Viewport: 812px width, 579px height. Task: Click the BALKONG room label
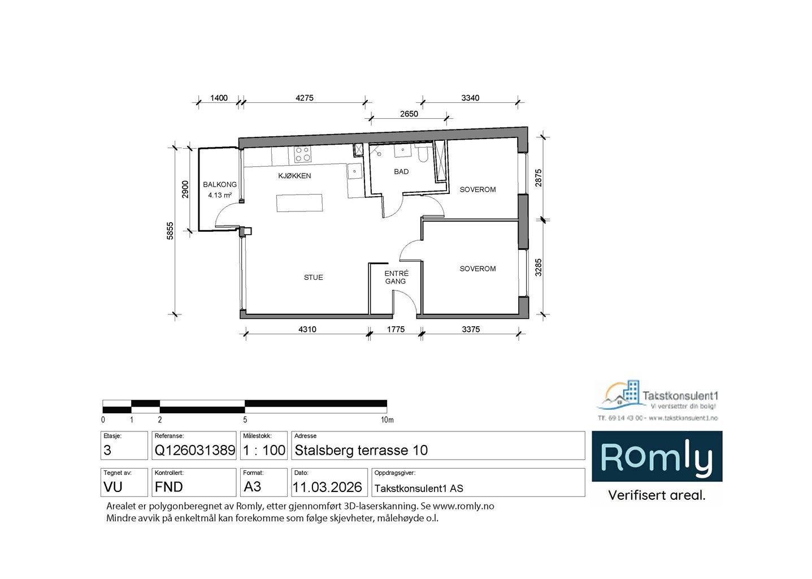220,184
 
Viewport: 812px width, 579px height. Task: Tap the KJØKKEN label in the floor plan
294,176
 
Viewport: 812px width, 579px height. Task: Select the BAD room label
401,171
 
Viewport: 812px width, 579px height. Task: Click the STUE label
313,277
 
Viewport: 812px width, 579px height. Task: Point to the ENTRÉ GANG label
396,277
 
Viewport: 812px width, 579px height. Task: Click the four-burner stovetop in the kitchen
302,154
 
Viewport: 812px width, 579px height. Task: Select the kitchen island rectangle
299,203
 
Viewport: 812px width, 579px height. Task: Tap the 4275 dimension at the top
304,98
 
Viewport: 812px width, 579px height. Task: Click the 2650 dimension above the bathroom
409,114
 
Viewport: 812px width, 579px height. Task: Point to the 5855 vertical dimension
170,230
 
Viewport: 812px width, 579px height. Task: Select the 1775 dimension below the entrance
396,330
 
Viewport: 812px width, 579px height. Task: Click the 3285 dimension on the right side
539,267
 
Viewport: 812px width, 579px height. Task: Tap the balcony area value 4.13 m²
220,195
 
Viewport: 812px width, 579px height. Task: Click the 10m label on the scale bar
387,420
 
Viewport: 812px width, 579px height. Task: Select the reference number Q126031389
194,451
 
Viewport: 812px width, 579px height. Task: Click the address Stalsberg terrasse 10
361,451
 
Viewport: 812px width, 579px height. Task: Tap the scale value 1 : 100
264,451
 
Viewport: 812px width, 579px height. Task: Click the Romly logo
657,457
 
